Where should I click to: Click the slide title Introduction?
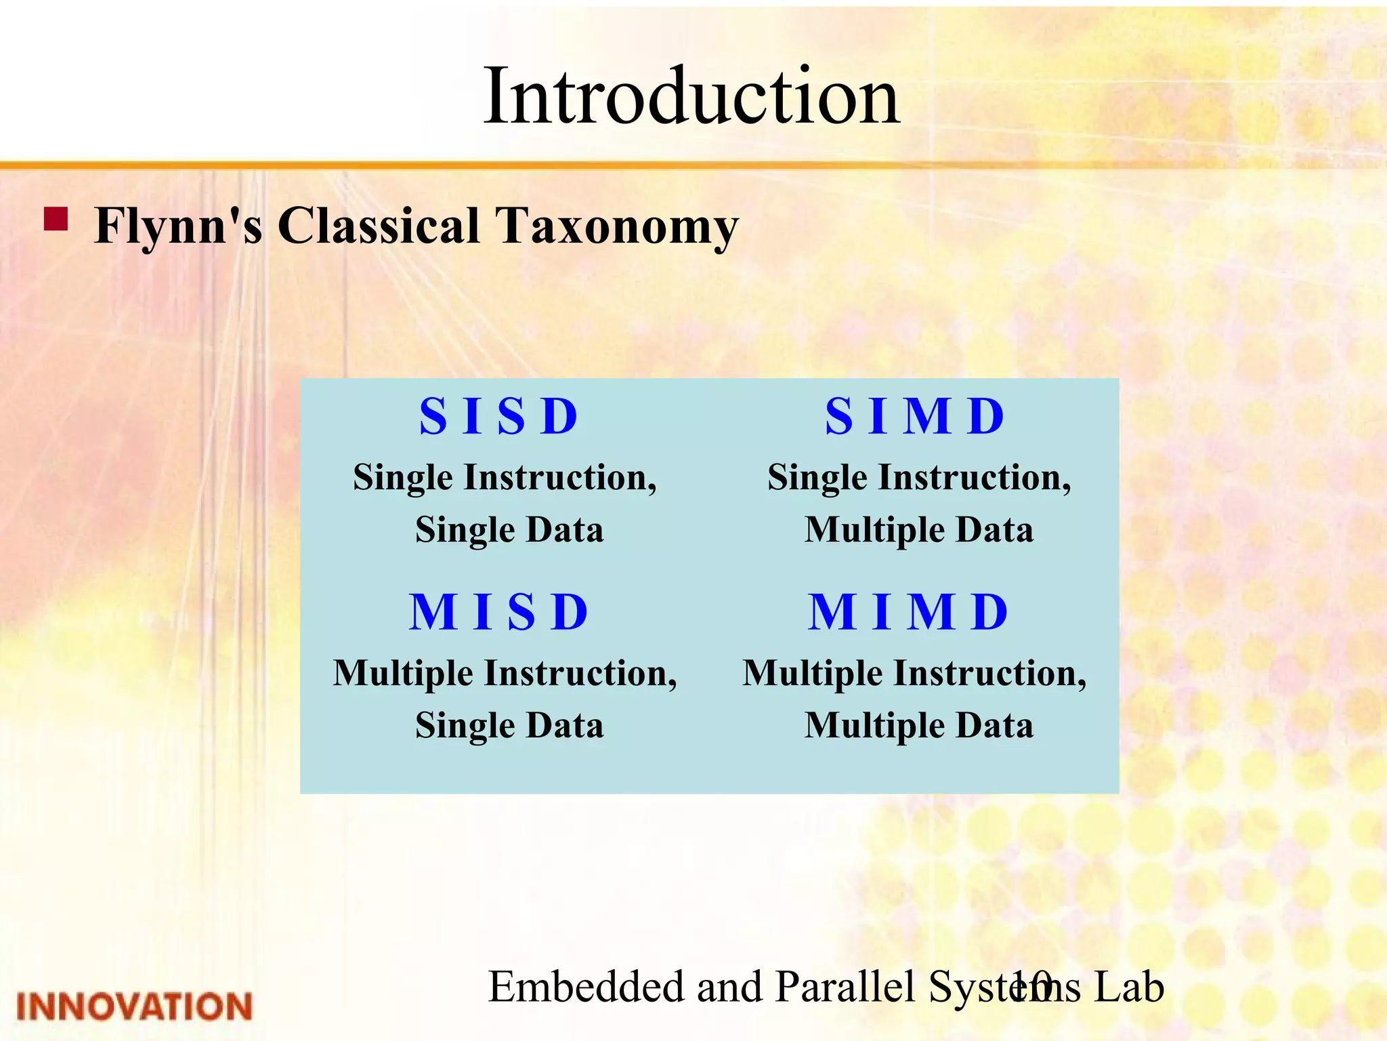691,96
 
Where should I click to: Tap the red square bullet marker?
56,220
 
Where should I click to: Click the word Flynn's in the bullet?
178,226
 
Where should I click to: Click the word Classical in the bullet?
379,226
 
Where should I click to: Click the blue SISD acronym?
499,415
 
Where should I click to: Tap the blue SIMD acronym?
915,415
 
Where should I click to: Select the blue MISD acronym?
499,611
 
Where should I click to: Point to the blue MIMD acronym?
909,611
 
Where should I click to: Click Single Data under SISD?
509,530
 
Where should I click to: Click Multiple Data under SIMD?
919,530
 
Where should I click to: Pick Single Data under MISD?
509,726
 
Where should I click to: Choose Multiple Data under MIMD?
919,726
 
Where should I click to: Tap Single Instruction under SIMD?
919,478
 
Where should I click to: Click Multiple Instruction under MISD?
505,674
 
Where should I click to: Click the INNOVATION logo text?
134,1006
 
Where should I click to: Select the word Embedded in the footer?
586,987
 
